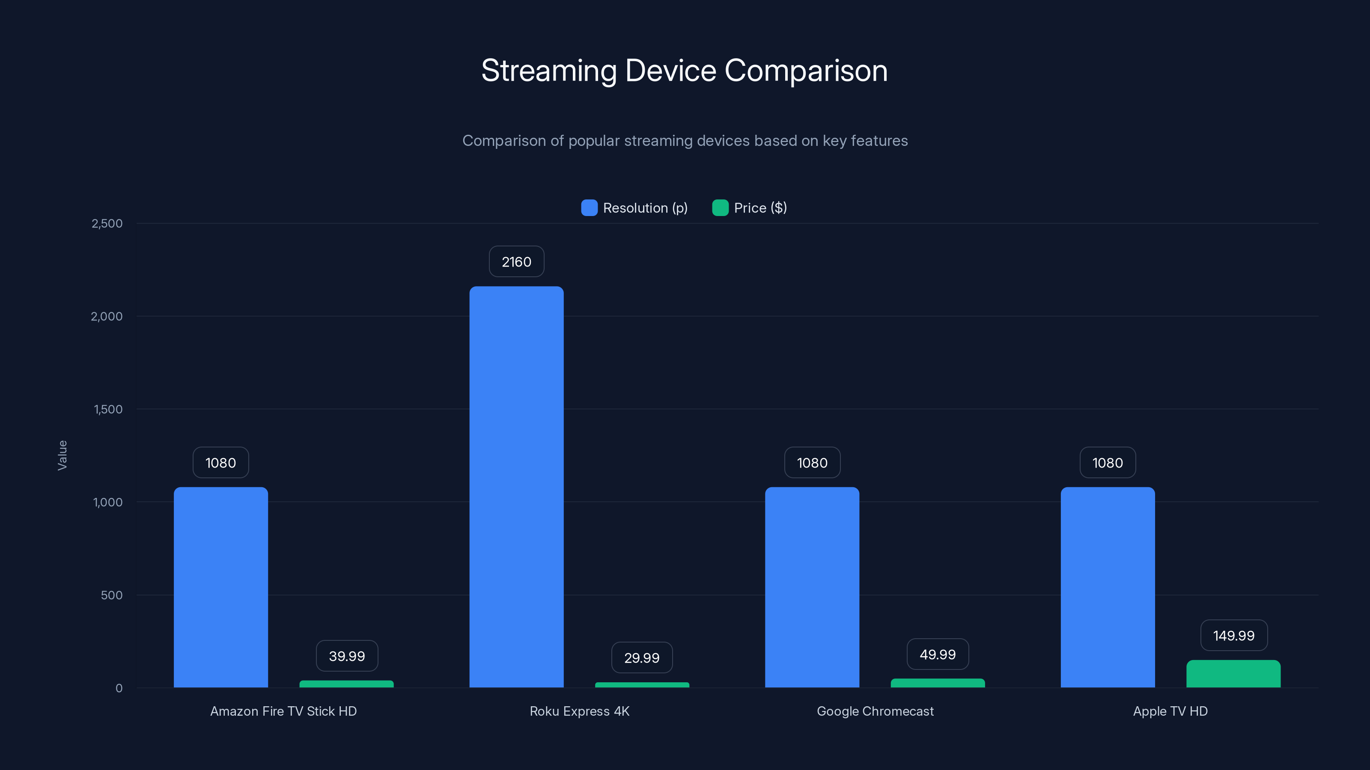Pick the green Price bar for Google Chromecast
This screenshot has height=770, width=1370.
point(937,683)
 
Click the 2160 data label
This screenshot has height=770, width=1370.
point(516,261)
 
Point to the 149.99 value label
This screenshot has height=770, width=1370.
point(1233,636)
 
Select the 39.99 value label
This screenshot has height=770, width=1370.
point(347,656)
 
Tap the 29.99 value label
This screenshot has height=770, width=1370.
point(641,658)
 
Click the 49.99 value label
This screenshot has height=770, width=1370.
point(937,654)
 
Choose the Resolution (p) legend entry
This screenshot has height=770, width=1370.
point(645,208)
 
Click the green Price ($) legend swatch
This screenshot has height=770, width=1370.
point(720,208)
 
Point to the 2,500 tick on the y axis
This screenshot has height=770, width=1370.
point(107,223)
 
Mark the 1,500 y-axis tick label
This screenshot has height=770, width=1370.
point(108,409)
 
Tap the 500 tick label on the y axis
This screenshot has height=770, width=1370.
point(111,595)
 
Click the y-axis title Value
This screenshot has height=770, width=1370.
point(62,455)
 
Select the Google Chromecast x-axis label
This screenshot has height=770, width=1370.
point(875,711)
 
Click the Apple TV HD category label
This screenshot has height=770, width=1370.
point(1170,711)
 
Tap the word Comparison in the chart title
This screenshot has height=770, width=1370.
point(806,70)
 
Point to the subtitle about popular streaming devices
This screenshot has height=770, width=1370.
point(685,141)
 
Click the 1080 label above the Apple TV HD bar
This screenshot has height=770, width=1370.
point(1107,463)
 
